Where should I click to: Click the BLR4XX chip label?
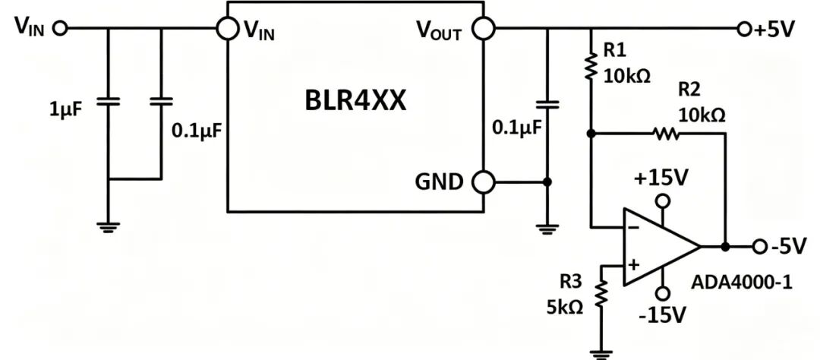point(355,100)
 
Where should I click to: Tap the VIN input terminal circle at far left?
point(61,28)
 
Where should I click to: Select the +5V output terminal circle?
point(743,29)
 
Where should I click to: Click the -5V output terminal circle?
point(759,246)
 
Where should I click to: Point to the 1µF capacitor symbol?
point(109,101)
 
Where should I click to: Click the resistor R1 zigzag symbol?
point(591,66)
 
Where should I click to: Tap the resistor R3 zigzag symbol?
point(602,293)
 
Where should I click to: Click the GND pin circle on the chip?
point(484,182)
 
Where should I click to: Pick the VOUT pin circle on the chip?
point(484,28)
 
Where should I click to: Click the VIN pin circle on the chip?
point(228,28)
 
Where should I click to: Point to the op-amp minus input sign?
point(632,228)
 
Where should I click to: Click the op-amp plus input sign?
point(633,265)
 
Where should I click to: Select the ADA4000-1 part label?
point(742,283)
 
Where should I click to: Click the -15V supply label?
point(661,315)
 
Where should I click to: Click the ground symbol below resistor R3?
point(602,354)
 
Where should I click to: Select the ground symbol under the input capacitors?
point(109,227)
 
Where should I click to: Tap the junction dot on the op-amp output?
point(725,246)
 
